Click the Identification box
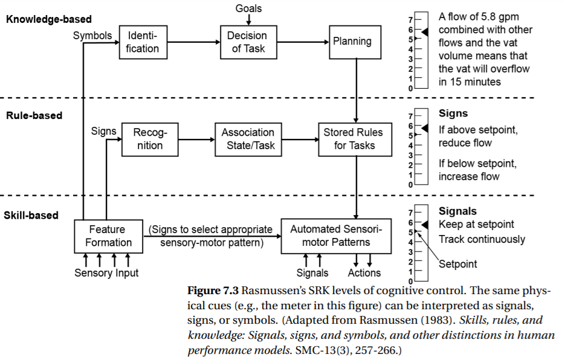[143, 42]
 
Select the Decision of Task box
[248, 42]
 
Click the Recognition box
[148, 139]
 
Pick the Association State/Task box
[248, 139]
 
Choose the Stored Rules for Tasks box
[354, 139]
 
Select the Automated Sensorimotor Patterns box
[336, 236]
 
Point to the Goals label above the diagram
[248, 8]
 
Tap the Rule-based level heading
[34, 115]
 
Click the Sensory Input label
[106, 273]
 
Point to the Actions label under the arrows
[364, 273]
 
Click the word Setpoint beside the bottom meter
[457, 264]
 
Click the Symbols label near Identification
[92, 36]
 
